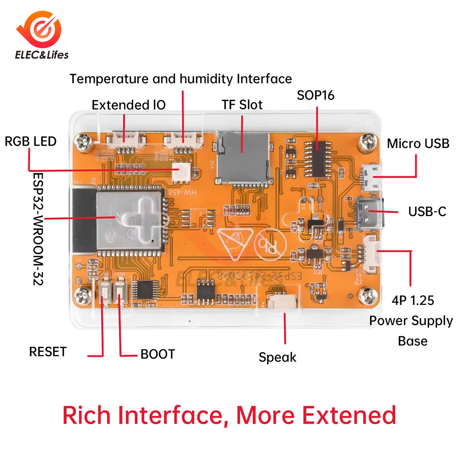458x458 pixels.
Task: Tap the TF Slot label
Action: point(242,105)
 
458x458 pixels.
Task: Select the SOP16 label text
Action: point(316,95)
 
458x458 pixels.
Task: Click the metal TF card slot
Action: point(242,153)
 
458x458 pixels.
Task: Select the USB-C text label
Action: point(427,212)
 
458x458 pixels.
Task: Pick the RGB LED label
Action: point(30,141)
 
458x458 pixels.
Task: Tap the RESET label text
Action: point(48,352)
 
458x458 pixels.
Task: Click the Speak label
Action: point(278,357)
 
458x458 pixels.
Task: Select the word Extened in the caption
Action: point(350,415)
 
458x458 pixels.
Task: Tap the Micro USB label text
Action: point(418,143)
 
